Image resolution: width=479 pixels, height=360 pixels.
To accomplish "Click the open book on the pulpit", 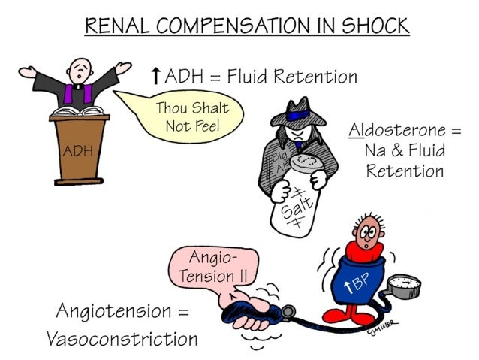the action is click(79, 111).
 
